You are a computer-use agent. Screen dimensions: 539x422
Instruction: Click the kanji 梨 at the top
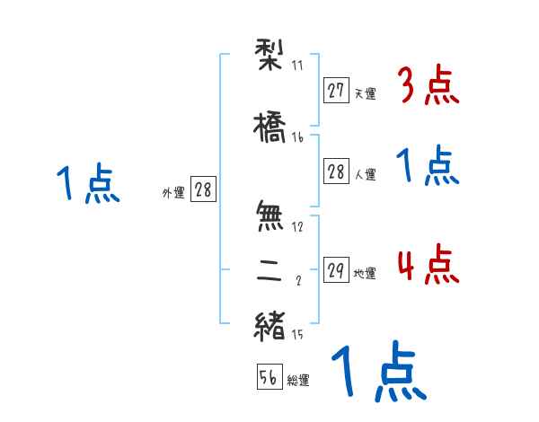point(270,55)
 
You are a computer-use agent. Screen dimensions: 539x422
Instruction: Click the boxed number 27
point(337,90)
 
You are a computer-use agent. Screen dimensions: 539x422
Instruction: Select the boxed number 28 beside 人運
point(337,172)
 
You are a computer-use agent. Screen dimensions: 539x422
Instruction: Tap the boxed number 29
point(337,270)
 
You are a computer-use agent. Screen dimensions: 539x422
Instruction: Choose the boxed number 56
point(269,377)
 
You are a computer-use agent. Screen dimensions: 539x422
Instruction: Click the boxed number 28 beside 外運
point(203,189)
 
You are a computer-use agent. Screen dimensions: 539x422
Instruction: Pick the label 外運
point(173,192)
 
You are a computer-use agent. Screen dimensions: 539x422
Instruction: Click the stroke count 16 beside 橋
point(298,137)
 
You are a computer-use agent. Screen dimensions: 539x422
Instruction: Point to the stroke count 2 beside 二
point(297,281)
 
